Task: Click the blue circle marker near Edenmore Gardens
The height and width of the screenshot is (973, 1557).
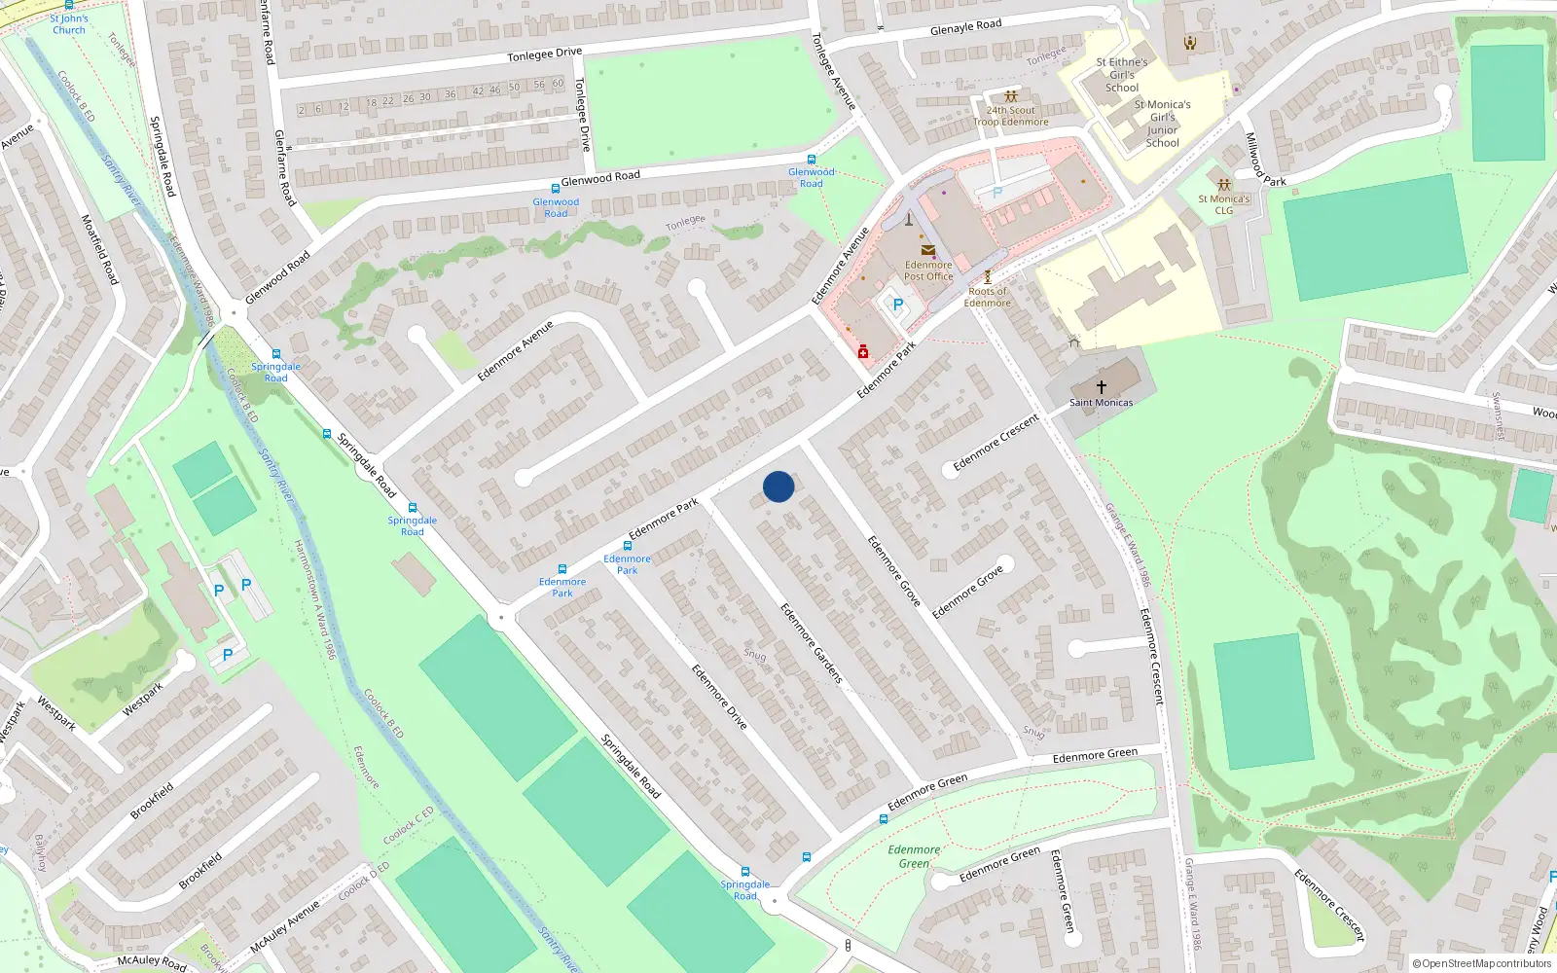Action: tap(778, 486)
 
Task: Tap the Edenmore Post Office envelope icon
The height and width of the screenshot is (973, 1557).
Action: tap(927, 250)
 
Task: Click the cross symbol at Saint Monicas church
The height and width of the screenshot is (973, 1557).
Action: tap(1102, 386)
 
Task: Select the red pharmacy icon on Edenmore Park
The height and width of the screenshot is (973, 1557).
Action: tap(863, 351)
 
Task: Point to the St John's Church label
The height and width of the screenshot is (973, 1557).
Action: tap(69, 24)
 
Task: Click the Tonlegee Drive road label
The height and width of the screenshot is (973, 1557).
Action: tap(544, 54)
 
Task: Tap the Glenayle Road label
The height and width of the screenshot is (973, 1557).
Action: tap(965, 26)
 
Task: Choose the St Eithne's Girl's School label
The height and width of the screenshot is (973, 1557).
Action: tap(1122, 75)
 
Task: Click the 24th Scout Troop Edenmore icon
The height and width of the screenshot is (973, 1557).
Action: tap(1011, 96)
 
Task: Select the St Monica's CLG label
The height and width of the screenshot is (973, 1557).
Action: tap(1223, 204)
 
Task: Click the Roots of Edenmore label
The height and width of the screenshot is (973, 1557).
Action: tap(987, 297)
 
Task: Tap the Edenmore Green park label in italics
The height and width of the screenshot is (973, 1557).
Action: tap(914, 856)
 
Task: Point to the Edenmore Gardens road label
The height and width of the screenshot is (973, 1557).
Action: tap(812, 642)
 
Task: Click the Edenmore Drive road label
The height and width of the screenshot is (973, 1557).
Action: tap(719, 697)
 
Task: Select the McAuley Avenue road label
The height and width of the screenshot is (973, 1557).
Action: tap(285, 927)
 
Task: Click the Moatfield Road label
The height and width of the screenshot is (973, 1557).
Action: tap(100, 249)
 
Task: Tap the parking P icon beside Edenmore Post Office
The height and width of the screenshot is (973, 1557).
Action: tap(897, 305)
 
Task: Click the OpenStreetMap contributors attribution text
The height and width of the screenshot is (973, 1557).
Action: tap(1482, 963)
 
